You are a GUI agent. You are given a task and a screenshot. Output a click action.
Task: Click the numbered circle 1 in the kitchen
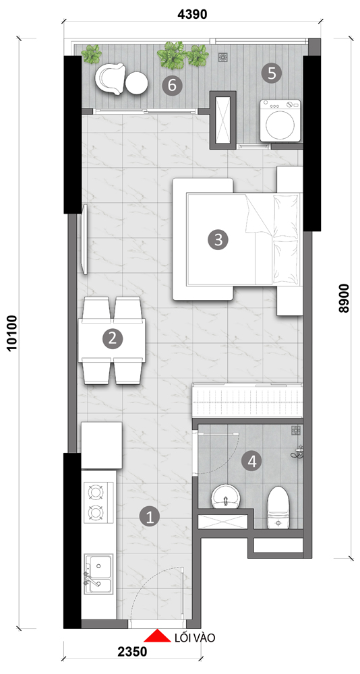coord(150,516)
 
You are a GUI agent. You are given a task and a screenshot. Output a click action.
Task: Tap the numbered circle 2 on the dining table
coord(113,338)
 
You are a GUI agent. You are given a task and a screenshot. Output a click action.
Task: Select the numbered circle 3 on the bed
coord(218,239)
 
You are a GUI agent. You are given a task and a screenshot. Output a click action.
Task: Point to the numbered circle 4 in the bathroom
coord(251,462)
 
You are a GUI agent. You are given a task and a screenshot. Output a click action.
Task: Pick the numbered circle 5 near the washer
coord(272,73)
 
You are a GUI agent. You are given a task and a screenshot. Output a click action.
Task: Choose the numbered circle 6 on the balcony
coord(172,85)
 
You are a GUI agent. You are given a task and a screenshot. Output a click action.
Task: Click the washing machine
coord(280,121)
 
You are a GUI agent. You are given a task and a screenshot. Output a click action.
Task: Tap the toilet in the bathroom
coord(278,508)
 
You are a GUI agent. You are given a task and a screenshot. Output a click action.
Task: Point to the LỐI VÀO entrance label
coord(194,638)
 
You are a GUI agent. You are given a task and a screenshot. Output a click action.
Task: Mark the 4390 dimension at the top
coord(192,14)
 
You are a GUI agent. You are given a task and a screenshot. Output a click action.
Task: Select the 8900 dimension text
coord(344,298)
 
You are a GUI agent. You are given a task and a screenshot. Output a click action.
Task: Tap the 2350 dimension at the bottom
coord(131,652)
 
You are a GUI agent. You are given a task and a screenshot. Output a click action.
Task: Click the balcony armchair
coord(110,79)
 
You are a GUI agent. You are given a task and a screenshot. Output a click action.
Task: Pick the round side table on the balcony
coord(136,83)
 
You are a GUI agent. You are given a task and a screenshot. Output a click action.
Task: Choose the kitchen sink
coord(99,574)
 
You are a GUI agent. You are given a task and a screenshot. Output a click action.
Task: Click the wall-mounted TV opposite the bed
coord(85,239)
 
